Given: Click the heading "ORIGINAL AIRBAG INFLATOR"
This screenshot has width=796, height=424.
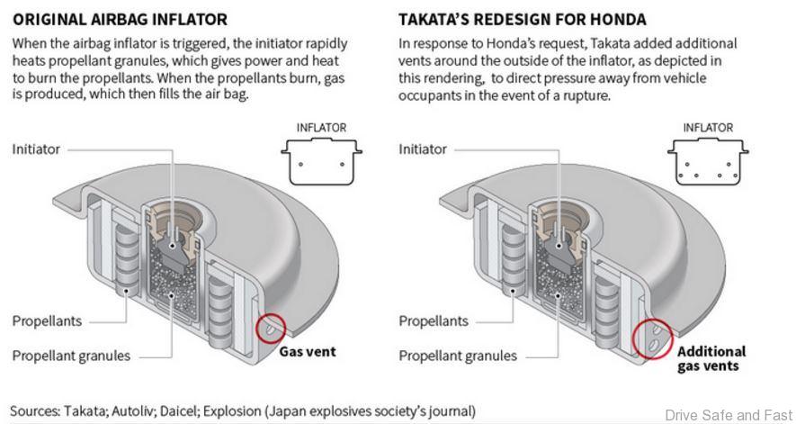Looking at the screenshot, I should [x=120, y=18].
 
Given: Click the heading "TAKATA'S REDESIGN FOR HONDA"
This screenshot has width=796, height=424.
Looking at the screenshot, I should [x=523, y=18].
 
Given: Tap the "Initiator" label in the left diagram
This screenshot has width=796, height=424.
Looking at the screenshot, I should [x=36, y=149].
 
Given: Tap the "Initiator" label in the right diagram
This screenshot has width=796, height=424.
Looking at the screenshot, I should [x=423, y=149].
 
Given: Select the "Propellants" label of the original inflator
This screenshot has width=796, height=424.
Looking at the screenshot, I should [x=47, y=320].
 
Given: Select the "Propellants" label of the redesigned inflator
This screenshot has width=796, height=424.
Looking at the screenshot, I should [x=434, y=320].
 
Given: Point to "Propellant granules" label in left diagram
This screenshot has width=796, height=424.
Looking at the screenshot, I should [x=71, y=356].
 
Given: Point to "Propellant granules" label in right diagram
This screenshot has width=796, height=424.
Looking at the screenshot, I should [x=458, y=356].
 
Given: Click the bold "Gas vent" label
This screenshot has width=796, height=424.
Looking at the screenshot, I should [x=307, y=351].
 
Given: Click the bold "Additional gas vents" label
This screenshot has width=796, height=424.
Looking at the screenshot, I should [x=711, y=358].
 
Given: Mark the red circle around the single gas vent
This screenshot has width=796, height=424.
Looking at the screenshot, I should [x=271, y=329].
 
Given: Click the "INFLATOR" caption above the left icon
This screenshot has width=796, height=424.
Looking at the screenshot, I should [x=321, y=128].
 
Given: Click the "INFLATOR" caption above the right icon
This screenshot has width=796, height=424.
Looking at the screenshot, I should [x=708, y=128].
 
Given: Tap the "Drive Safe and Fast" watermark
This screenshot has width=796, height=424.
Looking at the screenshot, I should [x=728, y=414].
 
